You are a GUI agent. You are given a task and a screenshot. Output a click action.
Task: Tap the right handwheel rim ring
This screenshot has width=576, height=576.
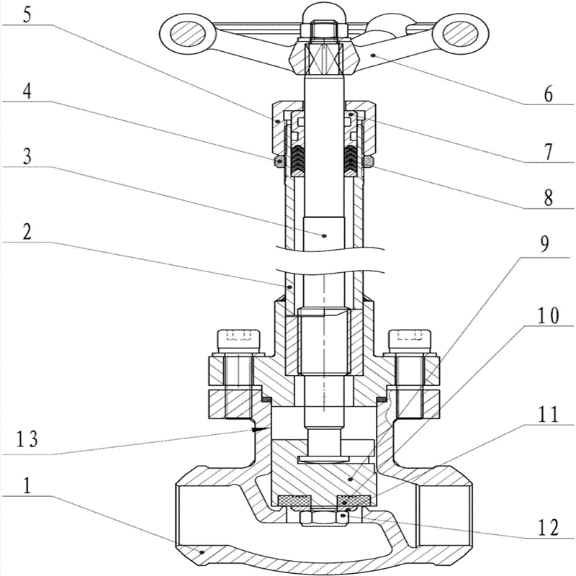pyautogui.click(x=461, y=32)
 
